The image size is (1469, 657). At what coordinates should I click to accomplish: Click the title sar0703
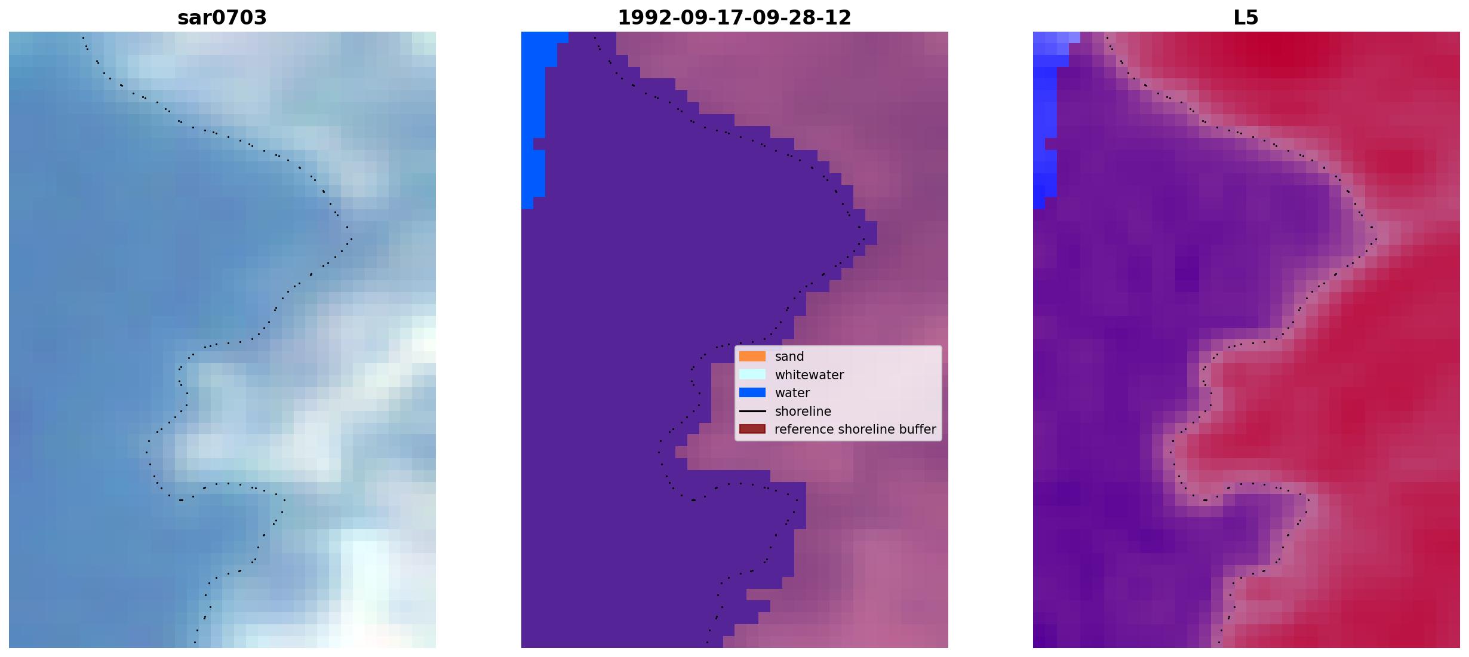point(222,18)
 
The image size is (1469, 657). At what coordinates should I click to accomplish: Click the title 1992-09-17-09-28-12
point(734,18)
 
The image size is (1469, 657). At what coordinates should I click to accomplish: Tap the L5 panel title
point(1246,18)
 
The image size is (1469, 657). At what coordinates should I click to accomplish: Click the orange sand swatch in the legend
point(752,357)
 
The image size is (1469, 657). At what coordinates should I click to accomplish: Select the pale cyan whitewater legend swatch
point(752,374)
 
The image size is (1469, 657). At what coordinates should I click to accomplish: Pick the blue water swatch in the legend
point(752,393)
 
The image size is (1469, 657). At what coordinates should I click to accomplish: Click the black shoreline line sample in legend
point(752,412)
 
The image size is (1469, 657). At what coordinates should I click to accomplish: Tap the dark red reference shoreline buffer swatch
point(752,429)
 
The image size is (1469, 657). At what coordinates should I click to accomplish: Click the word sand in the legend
point(789,357)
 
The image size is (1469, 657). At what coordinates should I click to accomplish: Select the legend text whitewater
point(809,375)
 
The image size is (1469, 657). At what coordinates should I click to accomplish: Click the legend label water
point(792,393)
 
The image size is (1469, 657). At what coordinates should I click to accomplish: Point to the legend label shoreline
point(803,412)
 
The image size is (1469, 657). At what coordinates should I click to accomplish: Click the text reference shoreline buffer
point(855,429)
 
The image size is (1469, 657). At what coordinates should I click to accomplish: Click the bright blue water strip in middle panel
point(533,119)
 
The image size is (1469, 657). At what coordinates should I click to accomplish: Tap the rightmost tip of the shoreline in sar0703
point(352,240)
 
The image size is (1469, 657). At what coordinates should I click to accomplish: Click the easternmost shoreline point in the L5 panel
point(1376,240)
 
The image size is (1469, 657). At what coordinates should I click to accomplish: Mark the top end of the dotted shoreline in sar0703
point(83,38)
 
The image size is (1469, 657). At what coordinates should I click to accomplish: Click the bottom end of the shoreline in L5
point(1219,643)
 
